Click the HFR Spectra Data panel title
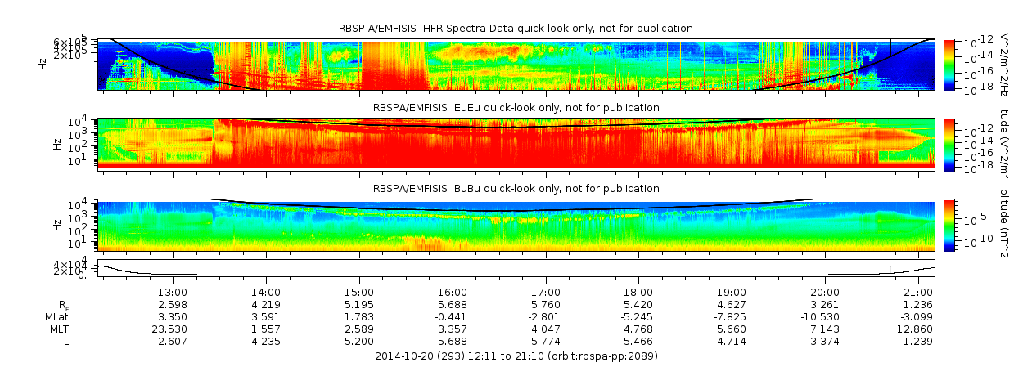coord(516,29)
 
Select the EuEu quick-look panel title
coord(516,107)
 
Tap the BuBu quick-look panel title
coord(516,189)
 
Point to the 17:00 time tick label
coord(546,292)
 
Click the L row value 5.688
coord(453,341)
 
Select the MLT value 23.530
coord(174,329)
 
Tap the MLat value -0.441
coord(453,316)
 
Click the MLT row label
coord(80,329)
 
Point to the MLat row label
coord(78,316)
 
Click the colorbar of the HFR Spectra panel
coord(949,64)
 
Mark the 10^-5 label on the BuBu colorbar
coord(970,218)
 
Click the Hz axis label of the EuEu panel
coord(56,144)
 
